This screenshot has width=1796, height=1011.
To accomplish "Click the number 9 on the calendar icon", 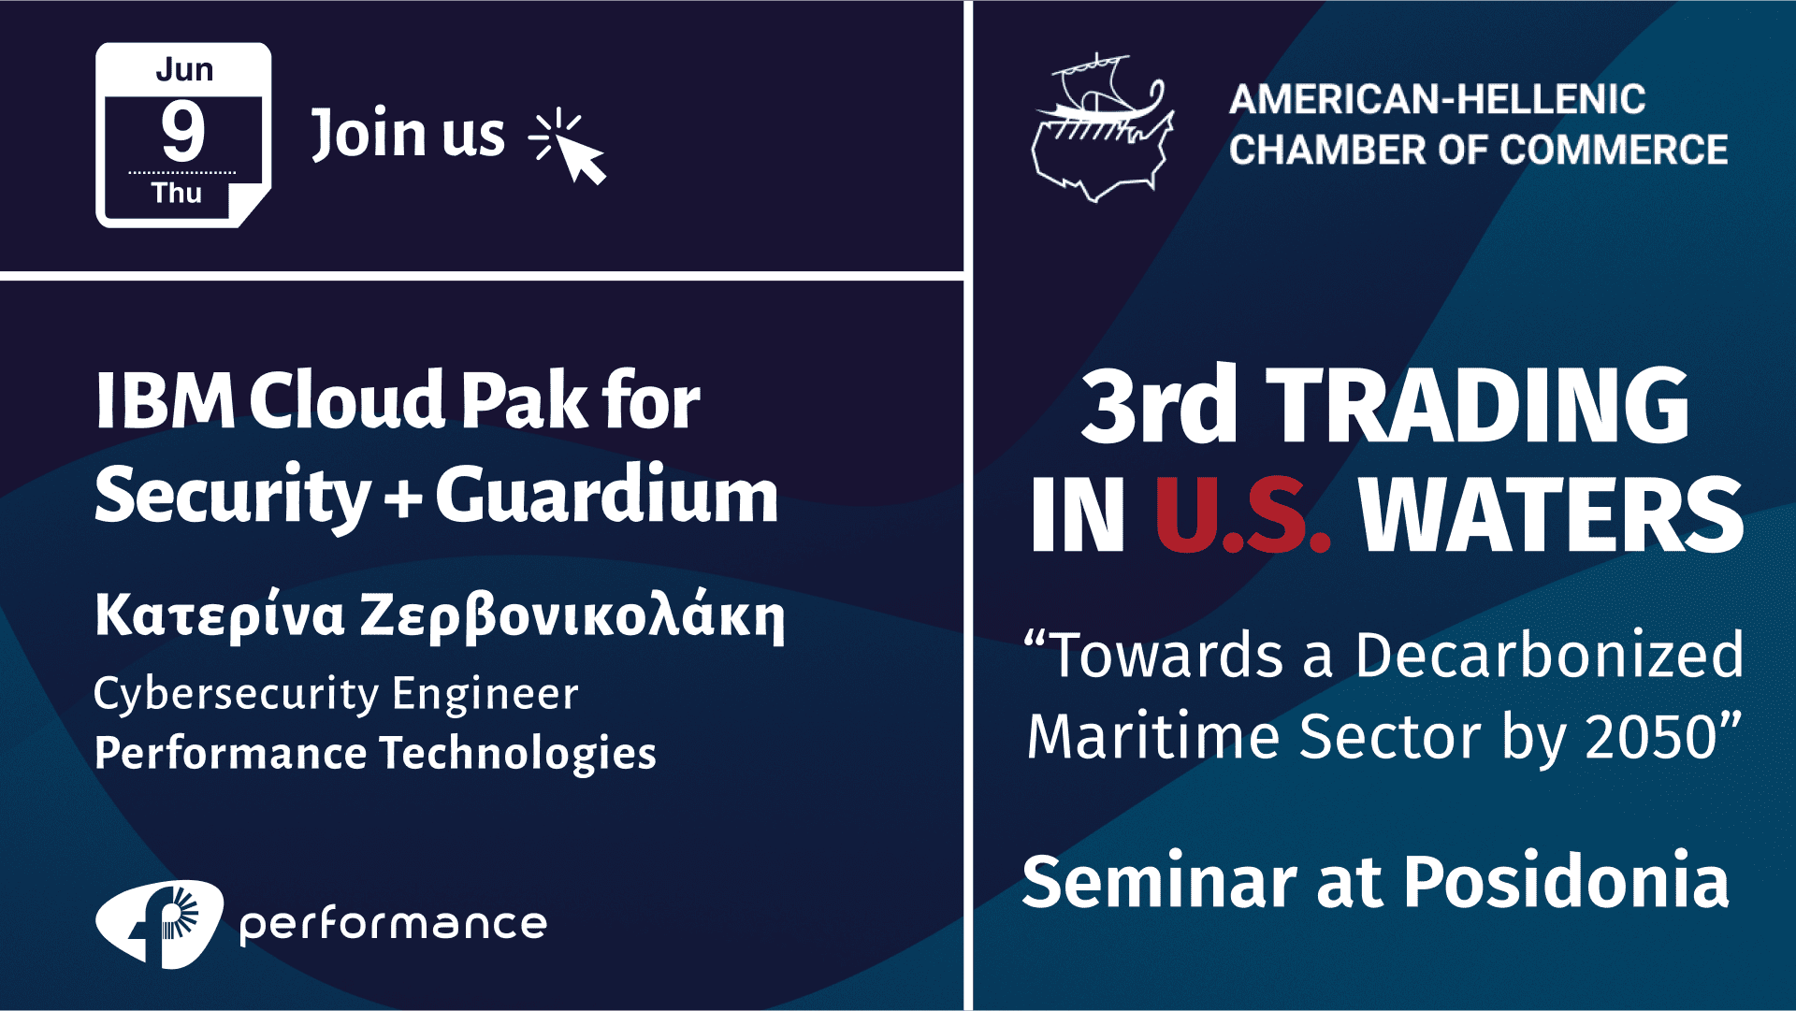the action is point(183,131).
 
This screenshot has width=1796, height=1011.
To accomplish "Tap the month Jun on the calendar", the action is point(184,69).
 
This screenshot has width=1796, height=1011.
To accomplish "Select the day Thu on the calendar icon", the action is point(177,193).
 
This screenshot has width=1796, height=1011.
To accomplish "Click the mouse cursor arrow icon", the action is point(568,146).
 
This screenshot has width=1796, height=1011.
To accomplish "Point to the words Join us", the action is point(408,134).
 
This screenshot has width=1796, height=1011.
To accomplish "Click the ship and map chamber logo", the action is point(1102,128).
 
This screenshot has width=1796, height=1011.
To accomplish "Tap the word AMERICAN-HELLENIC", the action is point(1437,99).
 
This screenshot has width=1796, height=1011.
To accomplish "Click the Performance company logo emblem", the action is point(160,924).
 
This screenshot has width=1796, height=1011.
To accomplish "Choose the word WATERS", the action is point(1552,514).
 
